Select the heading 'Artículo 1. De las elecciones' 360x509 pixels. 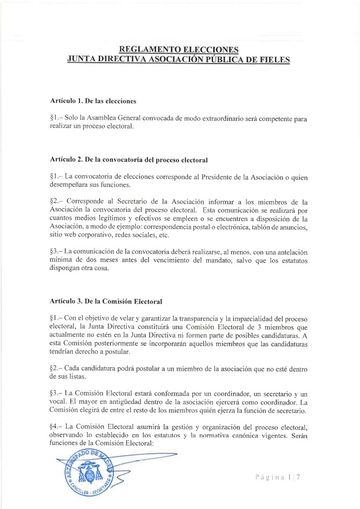click(93, 101)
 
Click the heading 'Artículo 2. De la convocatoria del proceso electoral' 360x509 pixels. click(128, 160)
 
